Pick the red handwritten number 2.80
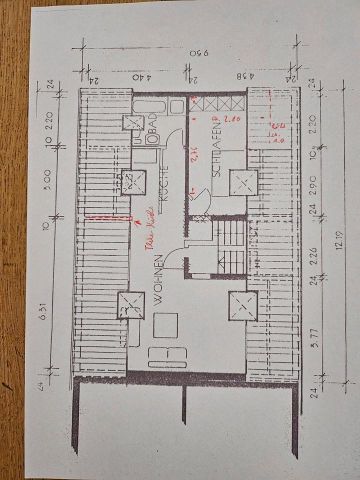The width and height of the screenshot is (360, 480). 233,119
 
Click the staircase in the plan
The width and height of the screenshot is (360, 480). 230,245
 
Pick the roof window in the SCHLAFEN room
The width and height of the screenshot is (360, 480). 240,182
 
